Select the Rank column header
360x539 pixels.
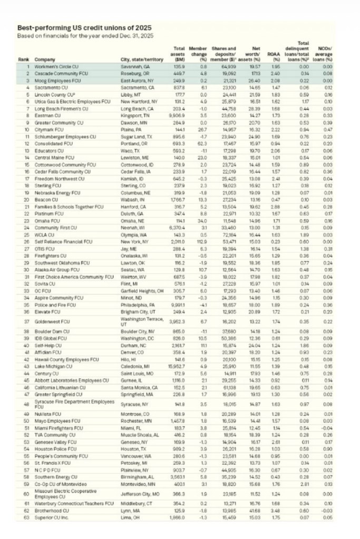point(22,61)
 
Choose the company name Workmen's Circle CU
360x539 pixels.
point(55,67)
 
